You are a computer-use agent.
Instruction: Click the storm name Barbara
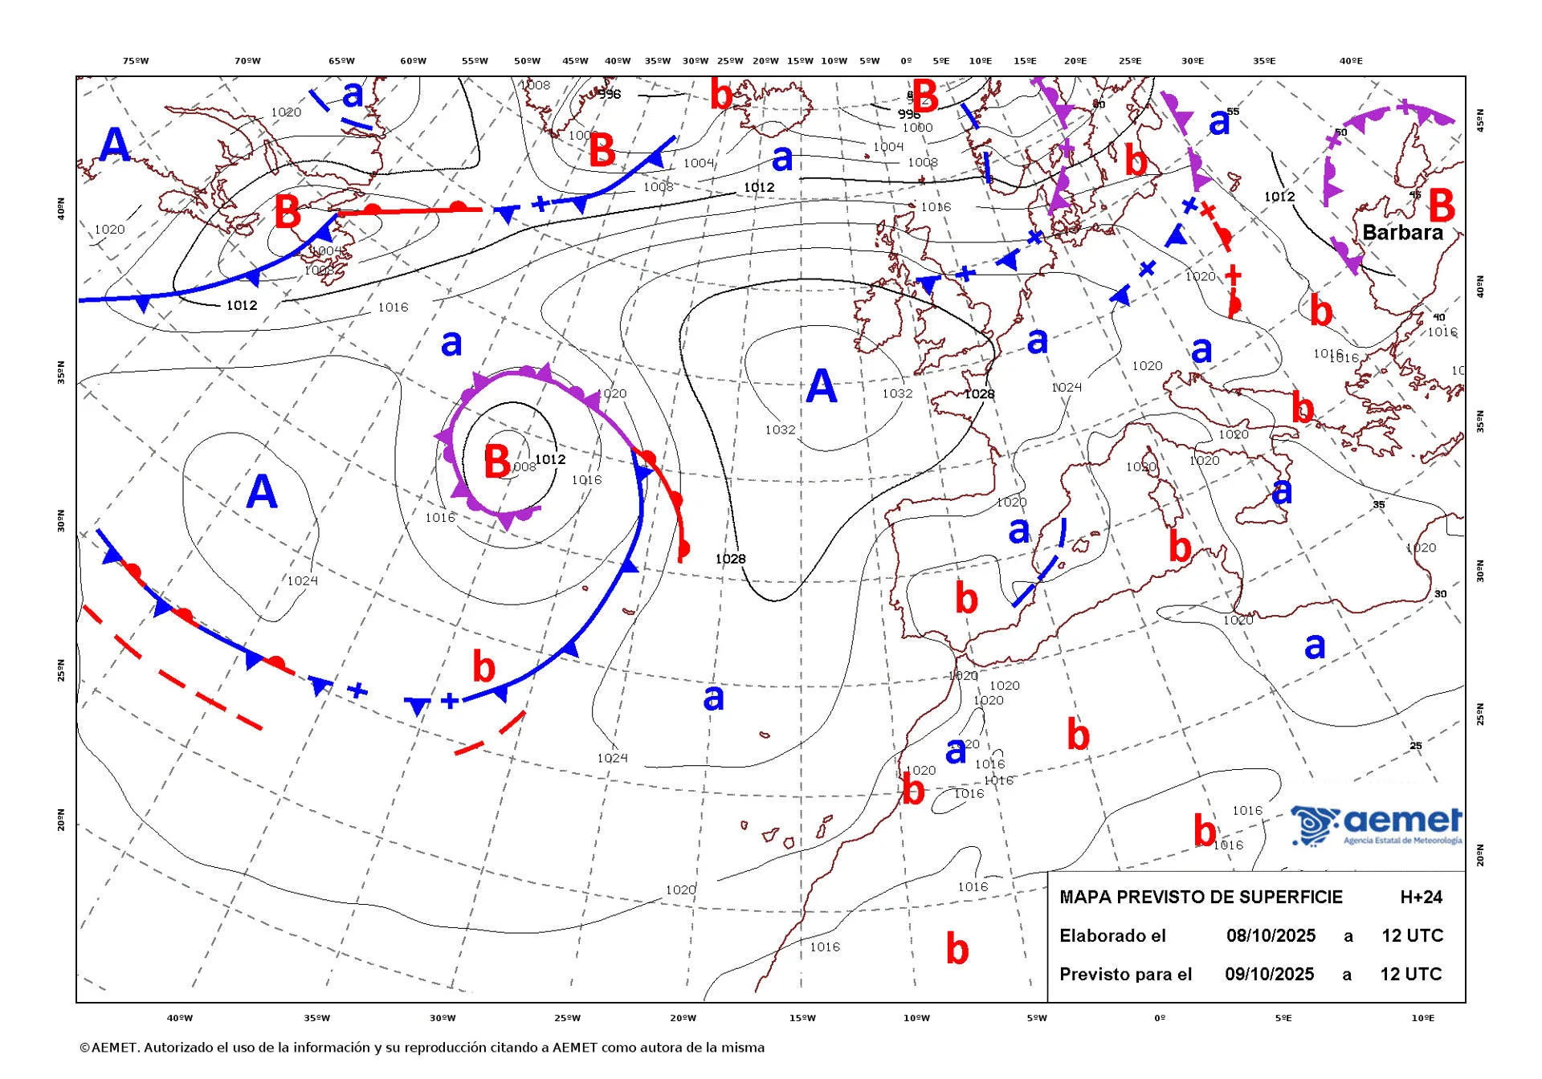pyautogui.click(x=1402, y=233)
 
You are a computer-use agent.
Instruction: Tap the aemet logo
pyautogui.click(x=1377, y=825)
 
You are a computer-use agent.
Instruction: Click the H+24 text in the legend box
pyautogui.click(x=1421, y=897)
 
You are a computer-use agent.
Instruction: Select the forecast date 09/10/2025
pyautogui.click(x=1269, y=974)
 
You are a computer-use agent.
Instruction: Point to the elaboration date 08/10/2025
pyautogui.click(x=1271, y=935)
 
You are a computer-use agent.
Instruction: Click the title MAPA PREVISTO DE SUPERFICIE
pyautogui.click(x=1201, y=897)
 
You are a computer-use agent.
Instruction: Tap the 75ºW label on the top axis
pyautogui.click(x=136, y=61)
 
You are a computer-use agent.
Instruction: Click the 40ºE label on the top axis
pyautogui.click(x=1351, y=61)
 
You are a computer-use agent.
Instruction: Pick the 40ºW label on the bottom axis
pyautogui.click(x=179, y=1018)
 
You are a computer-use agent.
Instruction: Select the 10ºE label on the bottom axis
pyautogui.click(x=1422, y=1018)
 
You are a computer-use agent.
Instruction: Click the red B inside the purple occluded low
pyautogui.click(x=497, y=462)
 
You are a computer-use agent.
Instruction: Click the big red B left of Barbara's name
pyautogui.click(x=1442, y=206)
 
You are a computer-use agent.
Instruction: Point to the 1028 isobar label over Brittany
pyautogui.click(x=979, y=394)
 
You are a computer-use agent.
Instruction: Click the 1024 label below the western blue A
pyautogui.click(x=302, y=580)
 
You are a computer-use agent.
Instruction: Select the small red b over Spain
pyautogui.click(x=966, y=598)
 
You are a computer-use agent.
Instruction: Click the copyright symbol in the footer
pyautogui.click(x=84, y=1048)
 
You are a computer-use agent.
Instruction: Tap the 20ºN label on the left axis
pyautogui.click(x=61, y=820)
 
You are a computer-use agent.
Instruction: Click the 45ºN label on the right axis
pyautogui.click(x=1480, y=120)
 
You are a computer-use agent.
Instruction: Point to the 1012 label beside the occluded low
pyautogui.click(x=550, y=459)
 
